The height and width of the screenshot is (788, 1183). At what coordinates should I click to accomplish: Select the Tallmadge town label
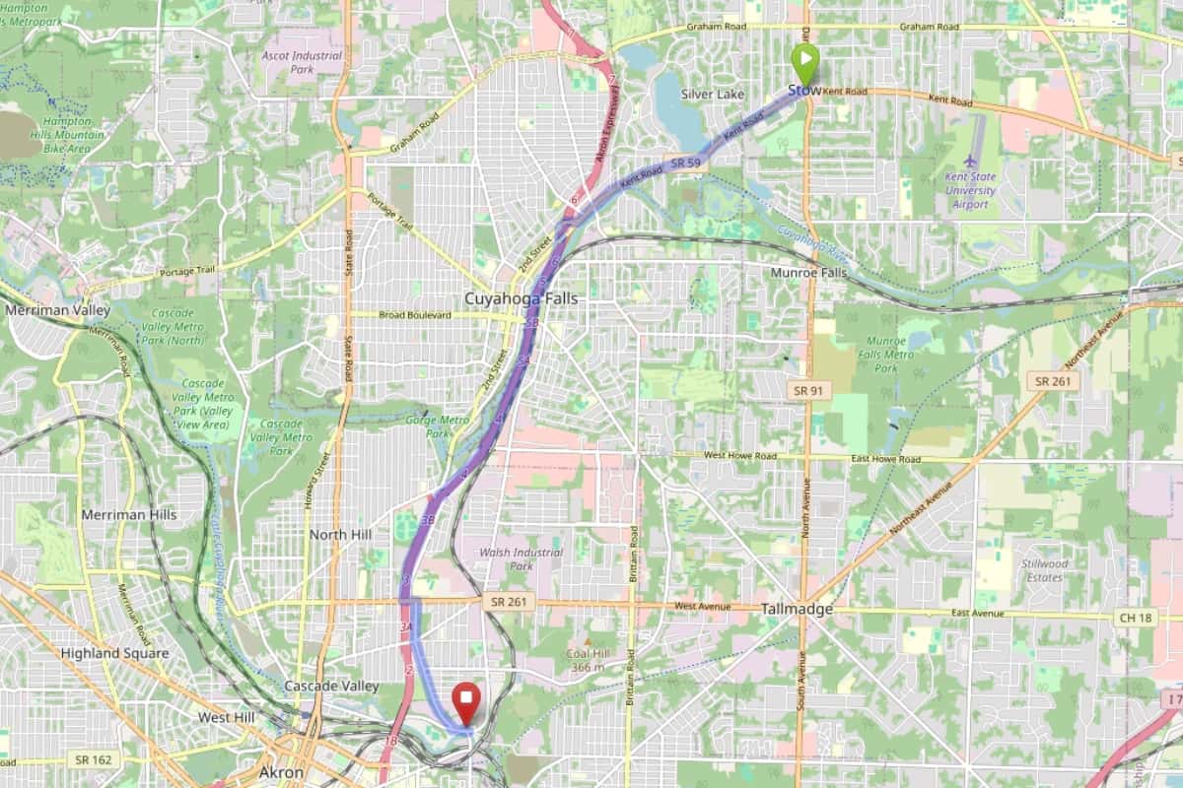coord(797,610)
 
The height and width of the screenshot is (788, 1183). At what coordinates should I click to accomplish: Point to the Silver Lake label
coord(713,94)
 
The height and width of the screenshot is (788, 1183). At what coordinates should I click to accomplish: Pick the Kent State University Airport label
coord(970,190)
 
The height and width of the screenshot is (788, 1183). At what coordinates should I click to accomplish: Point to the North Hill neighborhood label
coord(340,534)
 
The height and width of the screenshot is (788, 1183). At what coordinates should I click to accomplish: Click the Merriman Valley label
coord(56,309)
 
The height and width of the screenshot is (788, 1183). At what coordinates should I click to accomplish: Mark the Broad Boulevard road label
coord(414,315)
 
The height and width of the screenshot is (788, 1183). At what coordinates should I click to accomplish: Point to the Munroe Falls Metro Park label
coord(886,355)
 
